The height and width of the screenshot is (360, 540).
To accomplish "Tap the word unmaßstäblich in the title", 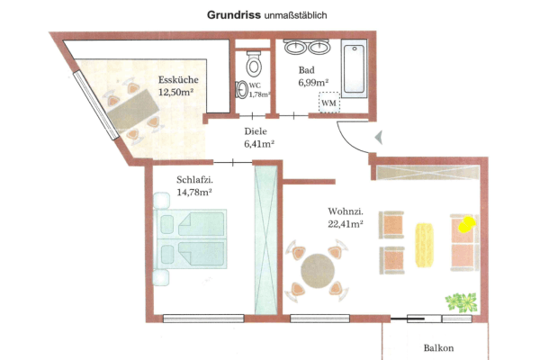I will point(296,15).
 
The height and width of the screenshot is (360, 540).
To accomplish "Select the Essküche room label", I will point(178,79).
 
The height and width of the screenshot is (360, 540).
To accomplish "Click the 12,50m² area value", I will point(178,92).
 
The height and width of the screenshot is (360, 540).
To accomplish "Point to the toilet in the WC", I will point(253,63).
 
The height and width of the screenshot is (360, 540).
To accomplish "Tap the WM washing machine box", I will point(330,104).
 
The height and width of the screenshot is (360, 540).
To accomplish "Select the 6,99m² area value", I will point(313,83).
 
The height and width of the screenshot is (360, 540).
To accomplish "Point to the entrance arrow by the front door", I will point(378,137).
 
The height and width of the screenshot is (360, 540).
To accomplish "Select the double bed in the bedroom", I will point(189,237).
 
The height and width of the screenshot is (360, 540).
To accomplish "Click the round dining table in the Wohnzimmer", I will point(317,270).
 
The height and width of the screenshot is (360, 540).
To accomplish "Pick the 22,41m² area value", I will point(346,225).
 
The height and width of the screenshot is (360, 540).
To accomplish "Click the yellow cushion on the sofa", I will point(465,224).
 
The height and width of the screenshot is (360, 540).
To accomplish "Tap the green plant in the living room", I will point(460,301).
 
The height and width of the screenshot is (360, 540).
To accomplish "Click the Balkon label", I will point(438,347).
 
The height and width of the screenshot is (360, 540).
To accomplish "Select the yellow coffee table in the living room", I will point(424,240).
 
